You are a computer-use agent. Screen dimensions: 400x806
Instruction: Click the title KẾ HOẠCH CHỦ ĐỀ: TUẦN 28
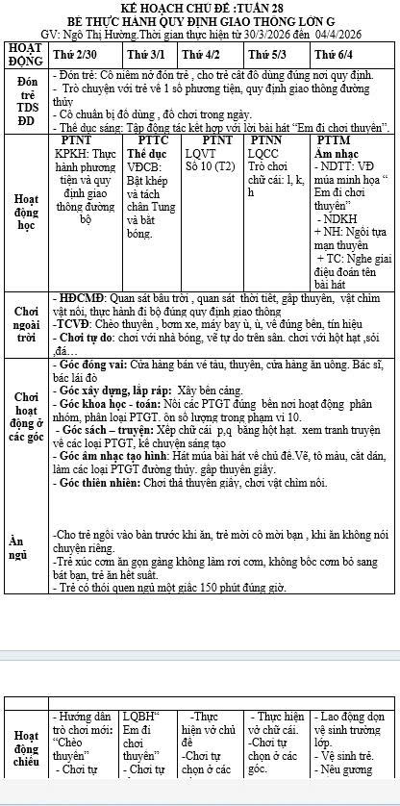pos(201,8)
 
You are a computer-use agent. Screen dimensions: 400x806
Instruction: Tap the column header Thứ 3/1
pos(145,55)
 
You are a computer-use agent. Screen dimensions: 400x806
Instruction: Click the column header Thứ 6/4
pos(335,55)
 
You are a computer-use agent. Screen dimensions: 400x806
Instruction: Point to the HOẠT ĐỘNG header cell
pos(24,54)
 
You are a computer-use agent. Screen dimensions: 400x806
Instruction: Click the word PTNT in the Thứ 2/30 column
pos(77,140)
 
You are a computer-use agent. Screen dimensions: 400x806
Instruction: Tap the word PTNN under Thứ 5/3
pos(265,140)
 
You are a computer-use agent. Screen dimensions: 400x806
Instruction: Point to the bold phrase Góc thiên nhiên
pos(96,493)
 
